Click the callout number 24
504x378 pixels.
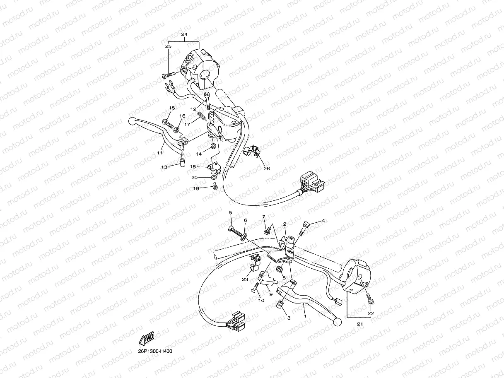pos(184,34)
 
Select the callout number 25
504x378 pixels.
pos(168,46)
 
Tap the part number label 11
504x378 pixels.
pos(160,153)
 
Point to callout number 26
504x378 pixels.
pos(267,169)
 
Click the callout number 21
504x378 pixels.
pos(360,324)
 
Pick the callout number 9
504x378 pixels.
pos(271,294)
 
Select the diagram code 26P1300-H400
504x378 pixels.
pos(155,352)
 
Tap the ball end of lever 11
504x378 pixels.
pos(132,121)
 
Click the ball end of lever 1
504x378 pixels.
pos(337,322)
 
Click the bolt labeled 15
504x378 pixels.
pos(168,123)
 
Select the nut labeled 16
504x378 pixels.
pos(176,130)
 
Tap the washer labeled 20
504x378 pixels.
pos(214,178)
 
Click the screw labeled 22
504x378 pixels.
pos(370,299)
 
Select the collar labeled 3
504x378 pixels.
pos(280,305)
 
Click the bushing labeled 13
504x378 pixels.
pos(182,162)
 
